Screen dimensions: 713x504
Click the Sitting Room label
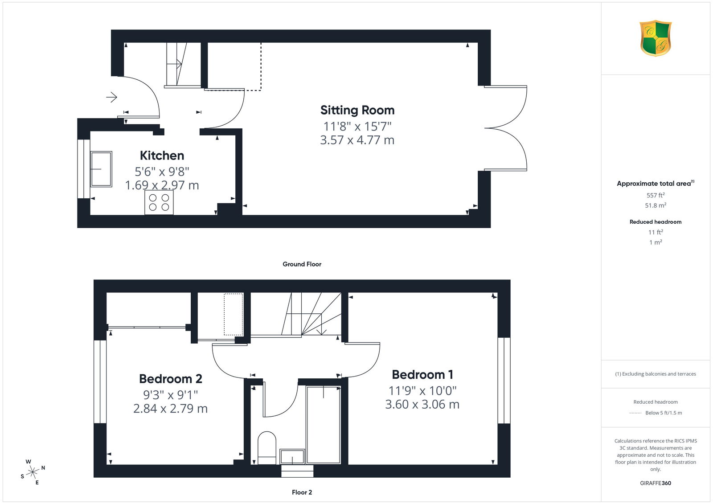[357, 110]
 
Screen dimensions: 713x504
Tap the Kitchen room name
[162, 156]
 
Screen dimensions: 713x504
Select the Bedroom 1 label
[422, 375]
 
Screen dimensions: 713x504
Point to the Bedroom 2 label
[171, 379]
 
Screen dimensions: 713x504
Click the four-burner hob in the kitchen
[159, 202]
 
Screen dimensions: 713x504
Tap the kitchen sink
[101, 169]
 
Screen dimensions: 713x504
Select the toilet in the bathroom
[267, 448]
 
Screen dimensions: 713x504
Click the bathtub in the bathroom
[324, 425]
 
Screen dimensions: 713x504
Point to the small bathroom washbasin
[292, 456]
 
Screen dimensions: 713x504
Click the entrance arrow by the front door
[112, 97]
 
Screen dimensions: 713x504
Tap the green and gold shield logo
[656, 38]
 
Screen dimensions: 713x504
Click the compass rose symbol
[33, 472]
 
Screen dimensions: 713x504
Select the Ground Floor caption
[302, 264]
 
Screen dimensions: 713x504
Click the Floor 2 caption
[302, 492]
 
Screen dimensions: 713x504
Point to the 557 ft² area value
[656, 195]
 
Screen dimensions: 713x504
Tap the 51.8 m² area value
[656, 205]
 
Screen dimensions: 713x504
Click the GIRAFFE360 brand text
[656, 483]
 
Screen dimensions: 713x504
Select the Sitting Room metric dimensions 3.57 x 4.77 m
[357, 140]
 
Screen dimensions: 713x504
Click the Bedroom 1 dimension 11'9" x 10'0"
[422, 391]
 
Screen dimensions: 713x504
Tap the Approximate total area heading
[656, 183]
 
